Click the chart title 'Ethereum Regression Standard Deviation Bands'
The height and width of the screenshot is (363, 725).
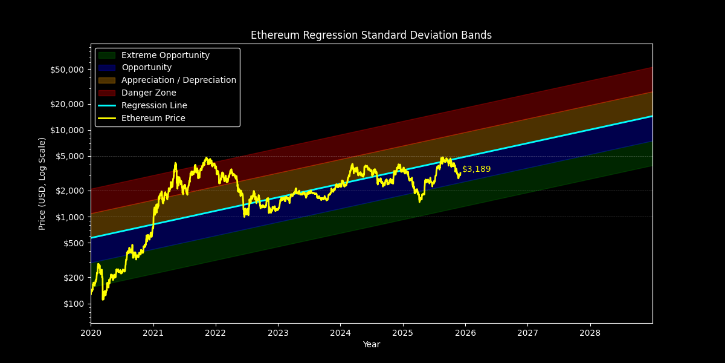pos(371,35)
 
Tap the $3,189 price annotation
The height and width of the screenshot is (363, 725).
pos(476,169)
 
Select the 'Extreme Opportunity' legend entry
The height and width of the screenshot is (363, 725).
pos(166,56)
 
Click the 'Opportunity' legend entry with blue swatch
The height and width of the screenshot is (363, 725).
pos(146,68)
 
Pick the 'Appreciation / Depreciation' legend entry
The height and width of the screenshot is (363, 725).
pos(178,80)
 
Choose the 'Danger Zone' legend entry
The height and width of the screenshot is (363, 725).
pos(149,93)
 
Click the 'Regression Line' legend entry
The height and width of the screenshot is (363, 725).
pos(154,106)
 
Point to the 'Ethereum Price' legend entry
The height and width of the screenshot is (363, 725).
pos(153,119)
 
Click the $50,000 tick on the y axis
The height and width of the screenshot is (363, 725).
pos(67,70)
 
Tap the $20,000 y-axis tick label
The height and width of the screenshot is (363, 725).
pos(67,104)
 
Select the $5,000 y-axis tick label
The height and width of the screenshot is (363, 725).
pos(69,156)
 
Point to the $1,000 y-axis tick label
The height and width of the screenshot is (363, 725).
pos(69,217)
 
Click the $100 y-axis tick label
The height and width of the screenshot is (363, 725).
pos(74,304)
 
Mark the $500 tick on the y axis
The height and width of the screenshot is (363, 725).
pos(74,243)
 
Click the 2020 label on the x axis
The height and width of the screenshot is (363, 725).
pos(91,333)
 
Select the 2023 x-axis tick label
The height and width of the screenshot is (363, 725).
pos(278,333)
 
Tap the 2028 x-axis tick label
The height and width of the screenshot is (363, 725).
pos(590,333)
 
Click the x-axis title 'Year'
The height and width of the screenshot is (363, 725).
pos(371,345)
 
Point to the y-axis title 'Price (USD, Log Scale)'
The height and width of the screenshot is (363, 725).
pos(42,183)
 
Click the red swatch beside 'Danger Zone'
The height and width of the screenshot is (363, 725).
pos(106,93)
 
